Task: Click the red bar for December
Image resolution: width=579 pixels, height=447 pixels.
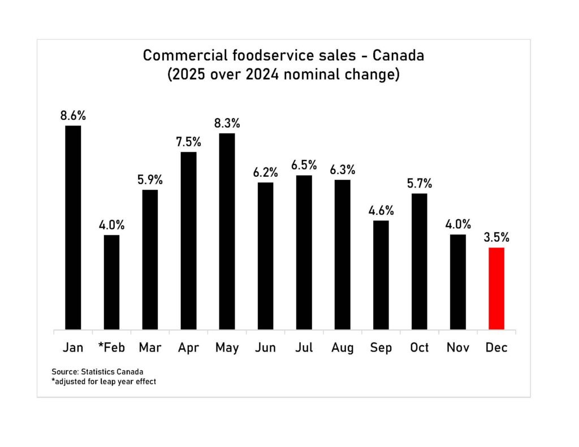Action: point(496,288)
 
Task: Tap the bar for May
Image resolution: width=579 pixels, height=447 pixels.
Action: point(227,231)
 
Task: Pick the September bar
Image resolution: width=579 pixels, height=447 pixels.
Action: point(381,275)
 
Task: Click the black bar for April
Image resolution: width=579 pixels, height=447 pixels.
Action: point(188,240)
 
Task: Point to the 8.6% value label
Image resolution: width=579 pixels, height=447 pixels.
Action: point(73,115)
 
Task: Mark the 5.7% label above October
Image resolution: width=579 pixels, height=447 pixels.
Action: point(419,183)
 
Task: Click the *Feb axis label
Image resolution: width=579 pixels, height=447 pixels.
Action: point(111,347)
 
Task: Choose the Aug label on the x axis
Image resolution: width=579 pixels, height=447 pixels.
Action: point(342,347)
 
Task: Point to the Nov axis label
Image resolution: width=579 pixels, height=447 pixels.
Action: point(458,347)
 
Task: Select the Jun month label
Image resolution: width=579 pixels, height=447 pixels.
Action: point(265,347)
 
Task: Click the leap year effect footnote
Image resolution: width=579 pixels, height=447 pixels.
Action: point(103,382)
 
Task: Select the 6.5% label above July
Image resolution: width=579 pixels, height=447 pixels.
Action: point(304,165)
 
